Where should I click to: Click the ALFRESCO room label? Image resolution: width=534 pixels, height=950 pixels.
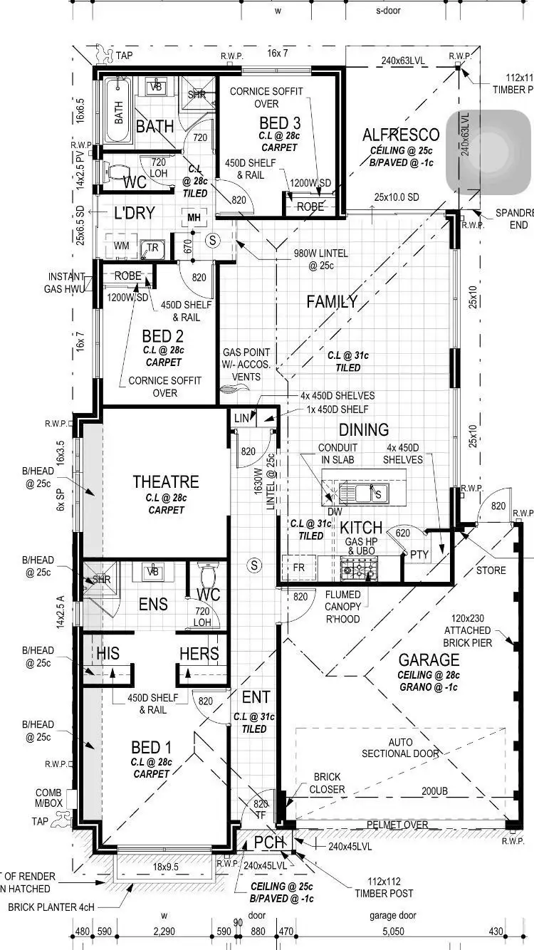tap(400, 135)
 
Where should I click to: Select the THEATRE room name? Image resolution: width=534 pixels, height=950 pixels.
tap(165, 482)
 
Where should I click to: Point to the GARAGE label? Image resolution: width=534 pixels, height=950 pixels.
tap(429, 659)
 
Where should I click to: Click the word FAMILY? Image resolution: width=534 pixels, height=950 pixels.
tap(332, 301)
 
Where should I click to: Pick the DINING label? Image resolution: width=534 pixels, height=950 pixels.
tap(363, 429)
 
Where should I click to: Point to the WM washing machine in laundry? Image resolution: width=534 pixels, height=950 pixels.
tap(122, 246)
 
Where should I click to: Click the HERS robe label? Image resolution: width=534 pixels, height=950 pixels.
tap(199, 654)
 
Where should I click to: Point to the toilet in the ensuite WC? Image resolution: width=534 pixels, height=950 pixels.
tap(209, 573)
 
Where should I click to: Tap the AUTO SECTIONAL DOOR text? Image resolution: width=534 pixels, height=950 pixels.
tap(400, 748)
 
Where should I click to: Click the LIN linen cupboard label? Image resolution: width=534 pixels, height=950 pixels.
tap(242, 419)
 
